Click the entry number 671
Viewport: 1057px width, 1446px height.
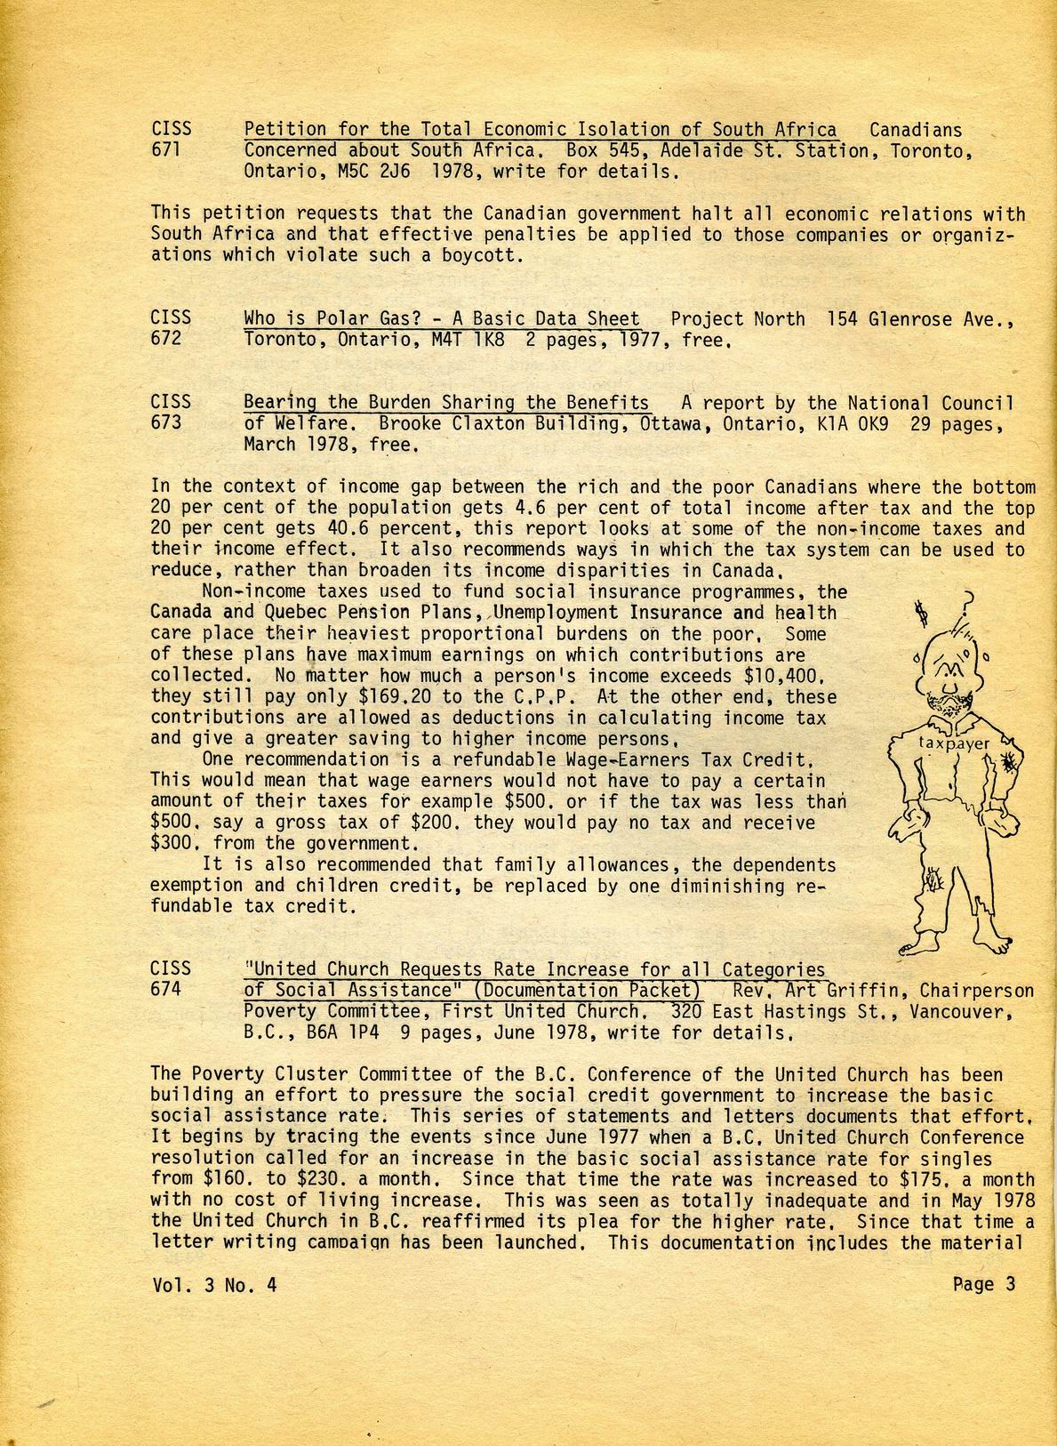click(x=166, y=150)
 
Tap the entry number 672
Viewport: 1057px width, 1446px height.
click(x=166, y=339)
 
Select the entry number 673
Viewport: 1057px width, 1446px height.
click(x=166, y=422)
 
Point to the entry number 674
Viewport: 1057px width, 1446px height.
click(x=166, y=989)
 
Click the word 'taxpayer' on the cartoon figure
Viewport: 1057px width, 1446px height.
click(x=953, y=743)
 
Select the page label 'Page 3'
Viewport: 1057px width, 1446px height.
click(x=983, y=1283)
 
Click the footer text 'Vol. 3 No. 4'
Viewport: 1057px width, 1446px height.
click(x=213, y=1284)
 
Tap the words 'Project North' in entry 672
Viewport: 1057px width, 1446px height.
click(x=738, y=318)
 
